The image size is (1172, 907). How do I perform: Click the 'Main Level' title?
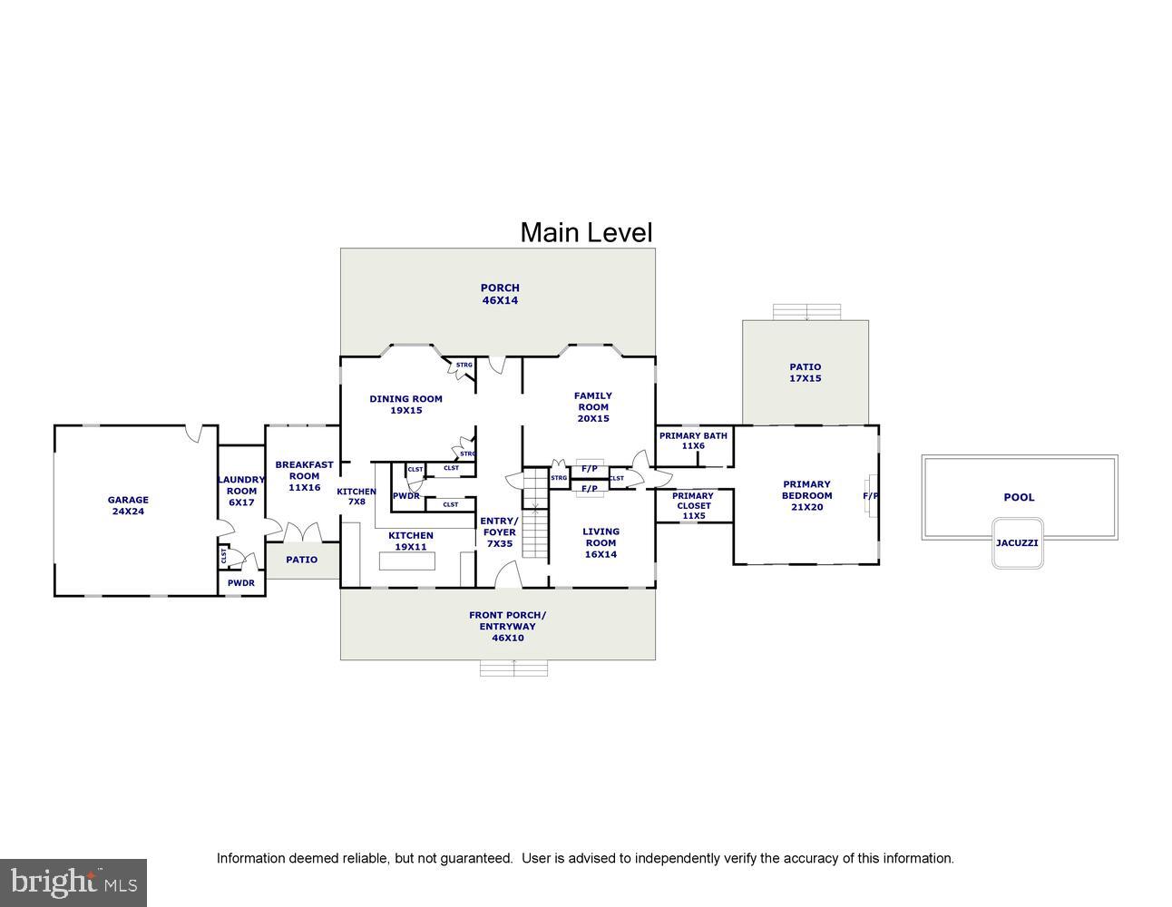(586, 233)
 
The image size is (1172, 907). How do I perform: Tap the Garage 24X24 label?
(128, 505)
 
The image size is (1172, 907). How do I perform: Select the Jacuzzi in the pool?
(1017, 542)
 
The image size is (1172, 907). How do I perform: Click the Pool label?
(1019, 497)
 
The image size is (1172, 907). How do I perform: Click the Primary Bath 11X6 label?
(693, 441)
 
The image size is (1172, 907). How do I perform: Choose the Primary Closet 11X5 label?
(693, 506)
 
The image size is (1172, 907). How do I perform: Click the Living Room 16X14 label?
(601, 542)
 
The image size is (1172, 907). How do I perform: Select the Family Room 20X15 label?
(592, 407)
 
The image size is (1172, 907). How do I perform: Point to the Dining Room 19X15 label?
(405, 405)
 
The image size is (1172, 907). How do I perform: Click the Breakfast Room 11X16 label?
(304, 475)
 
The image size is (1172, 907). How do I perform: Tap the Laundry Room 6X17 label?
(241, 491)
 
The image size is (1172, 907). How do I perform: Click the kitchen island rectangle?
(407, 561)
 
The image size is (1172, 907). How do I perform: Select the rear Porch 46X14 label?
(500, 294)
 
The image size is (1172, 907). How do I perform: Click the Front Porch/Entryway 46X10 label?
(507, 626)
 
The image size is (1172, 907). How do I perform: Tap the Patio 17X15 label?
(805, 373)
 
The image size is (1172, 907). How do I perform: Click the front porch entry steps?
(514, 668)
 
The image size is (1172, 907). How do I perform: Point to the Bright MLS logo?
(73, 882)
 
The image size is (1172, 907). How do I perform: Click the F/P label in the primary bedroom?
(870, 496)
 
